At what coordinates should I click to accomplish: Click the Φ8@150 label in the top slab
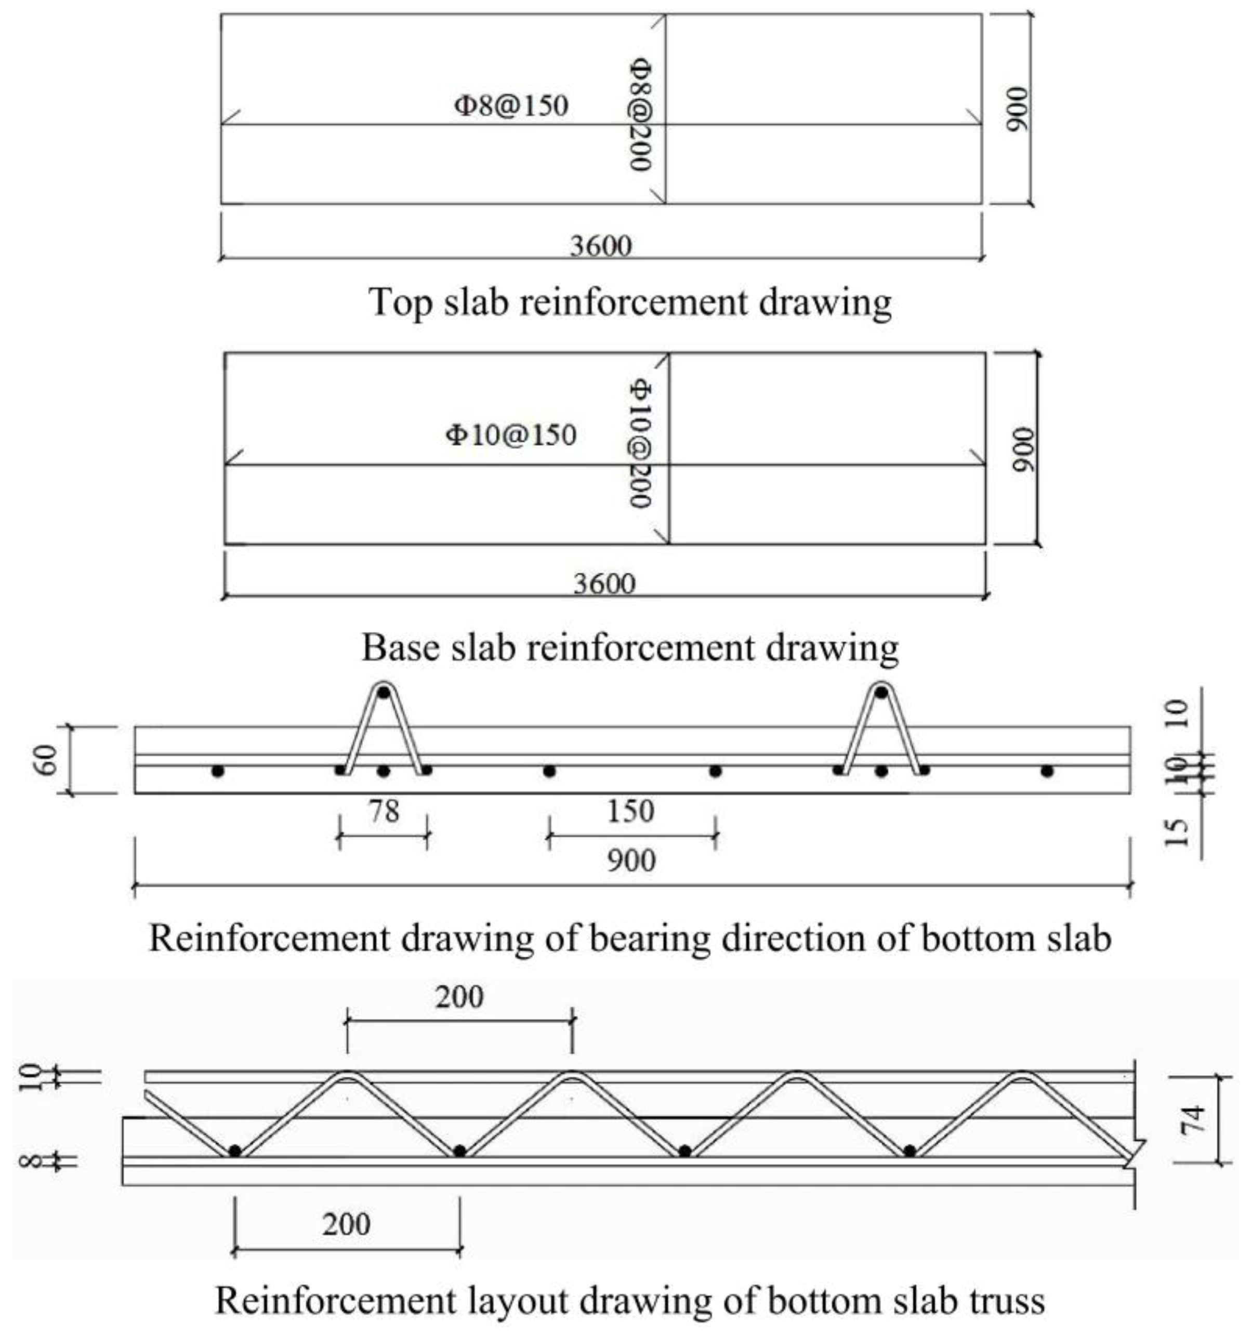[x=511, y=106]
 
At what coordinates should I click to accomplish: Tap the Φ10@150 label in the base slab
[x=511, y=435]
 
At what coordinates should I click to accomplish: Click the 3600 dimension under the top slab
[x=601, y=247]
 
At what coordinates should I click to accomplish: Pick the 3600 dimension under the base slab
[x=603, y=584]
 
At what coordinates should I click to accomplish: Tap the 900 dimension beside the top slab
[x=1018, y=109]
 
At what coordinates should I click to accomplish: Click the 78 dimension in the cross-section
[x=384, y=812]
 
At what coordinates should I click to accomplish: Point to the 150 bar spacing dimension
[x=630, y=812]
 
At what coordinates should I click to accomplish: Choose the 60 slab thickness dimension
[x=47, y=760]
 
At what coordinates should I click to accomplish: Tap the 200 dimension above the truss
[x=459, y=997]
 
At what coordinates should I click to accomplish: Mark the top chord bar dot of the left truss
[x=383, y=692]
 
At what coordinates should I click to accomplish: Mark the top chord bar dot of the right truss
[x=881, y=692]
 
